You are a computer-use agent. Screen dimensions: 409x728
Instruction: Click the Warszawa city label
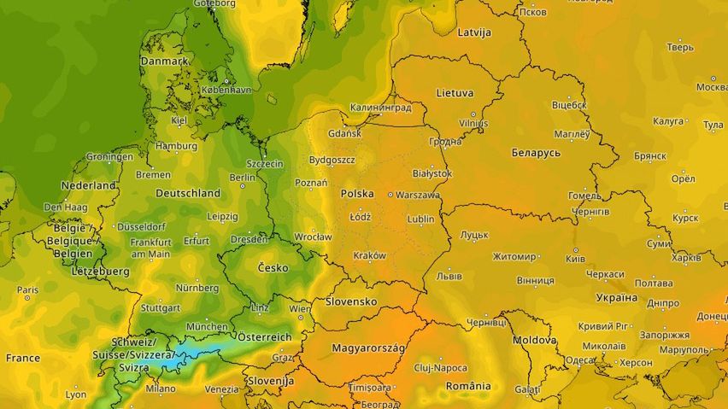418,195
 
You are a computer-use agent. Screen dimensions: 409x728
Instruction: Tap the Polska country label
357,194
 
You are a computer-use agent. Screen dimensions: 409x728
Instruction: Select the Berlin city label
243,178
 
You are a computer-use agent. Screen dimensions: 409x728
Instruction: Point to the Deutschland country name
188,193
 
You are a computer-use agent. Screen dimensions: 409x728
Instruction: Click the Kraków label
369,255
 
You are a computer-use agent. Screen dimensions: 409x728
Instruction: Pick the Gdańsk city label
344,134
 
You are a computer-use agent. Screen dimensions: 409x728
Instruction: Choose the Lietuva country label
455,92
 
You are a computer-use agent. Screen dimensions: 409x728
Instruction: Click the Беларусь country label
535,152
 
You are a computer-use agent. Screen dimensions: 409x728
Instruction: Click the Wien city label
300,308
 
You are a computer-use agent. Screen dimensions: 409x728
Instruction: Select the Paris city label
27,290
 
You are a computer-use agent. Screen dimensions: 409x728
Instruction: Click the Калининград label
380,108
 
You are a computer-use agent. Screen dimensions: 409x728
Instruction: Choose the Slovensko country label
351,302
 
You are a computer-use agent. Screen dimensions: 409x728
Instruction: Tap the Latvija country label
475,32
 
